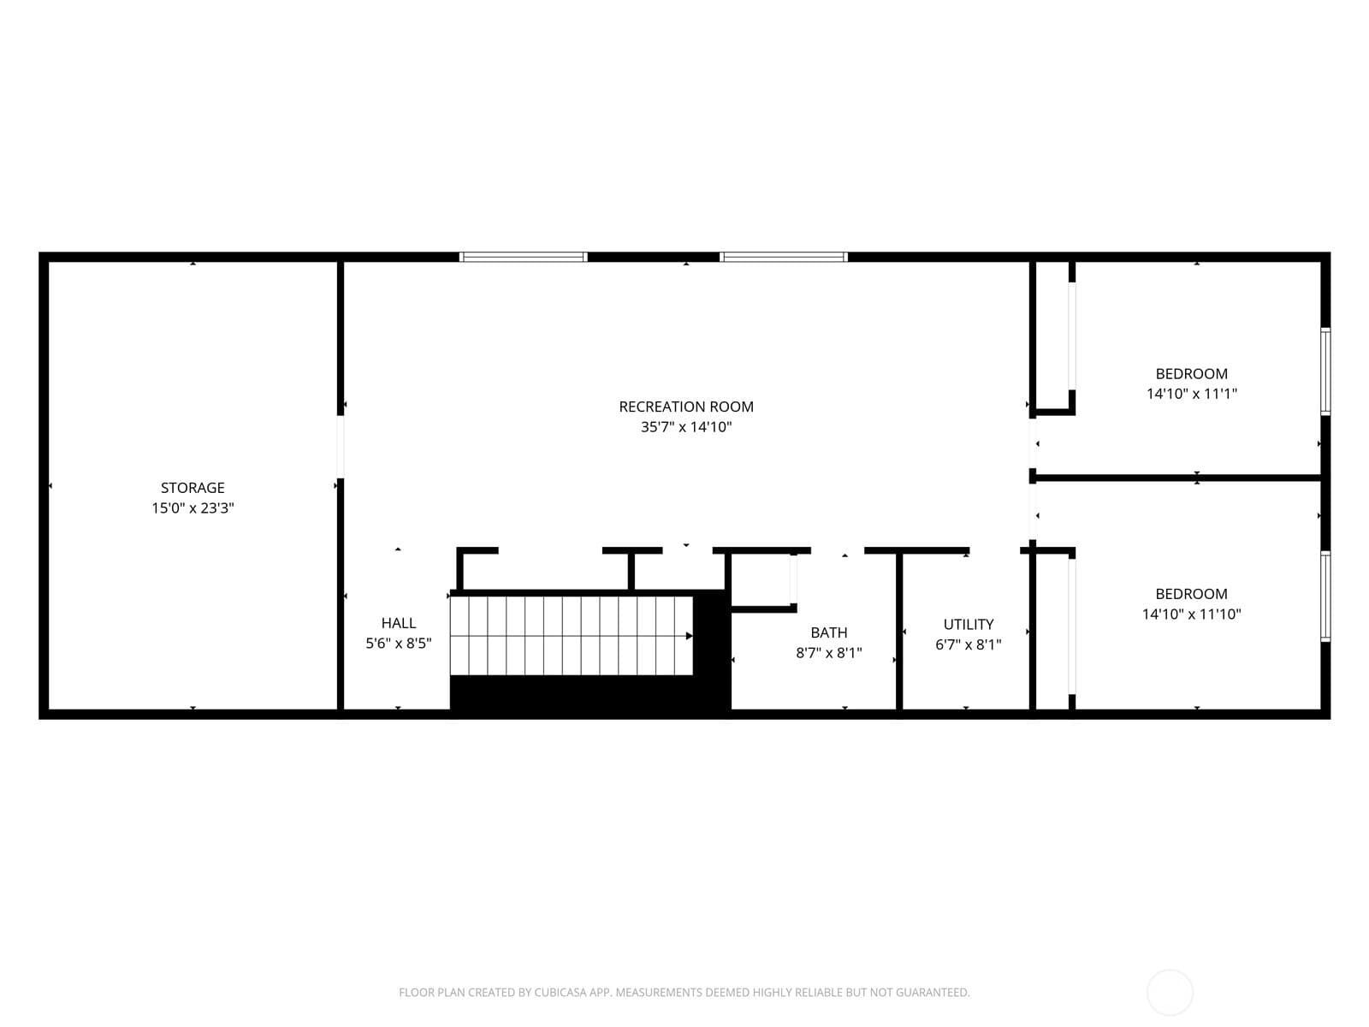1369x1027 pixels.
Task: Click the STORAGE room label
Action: (193, 488)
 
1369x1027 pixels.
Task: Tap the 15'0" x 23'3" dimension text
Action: (193, 508)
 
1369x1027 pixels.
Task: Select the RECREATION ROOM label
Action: (686, 407)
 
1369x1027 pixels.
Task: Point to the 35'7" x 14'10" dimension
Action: (686, 427)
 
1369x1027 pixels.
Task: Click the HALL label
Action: (399, 623)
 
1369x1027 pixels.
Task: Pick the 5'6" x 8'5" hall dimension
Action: (399, 644)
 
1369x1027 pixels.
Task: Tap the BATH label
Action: (829, 632)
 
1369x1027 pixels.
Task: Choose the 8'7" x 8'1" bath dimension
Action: (829, 653)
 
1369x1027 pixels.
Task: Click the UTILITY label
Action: (969, 624)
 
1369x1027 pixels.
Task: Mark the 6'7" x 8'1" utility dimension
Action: (969, 644)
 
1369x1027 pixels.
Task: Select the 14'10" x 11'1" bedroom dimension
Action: (1192, 394)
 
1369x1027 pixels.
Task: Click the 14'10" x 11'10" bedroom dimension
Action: (1192, 614)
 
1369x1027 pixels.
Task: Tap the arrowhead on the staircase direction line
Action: (689, 636)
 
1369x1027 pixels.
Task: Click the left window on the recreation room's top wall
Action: (524, 257)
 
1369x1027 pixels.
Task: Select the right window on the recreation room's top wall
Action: (784, 257)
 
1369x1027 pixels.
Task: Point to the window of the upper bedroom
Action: (1325, 371)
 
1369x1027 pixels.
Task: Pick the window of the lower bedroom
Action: (1325, 597)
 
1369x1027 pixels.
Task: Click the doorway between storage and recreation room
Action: (341, 447)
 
